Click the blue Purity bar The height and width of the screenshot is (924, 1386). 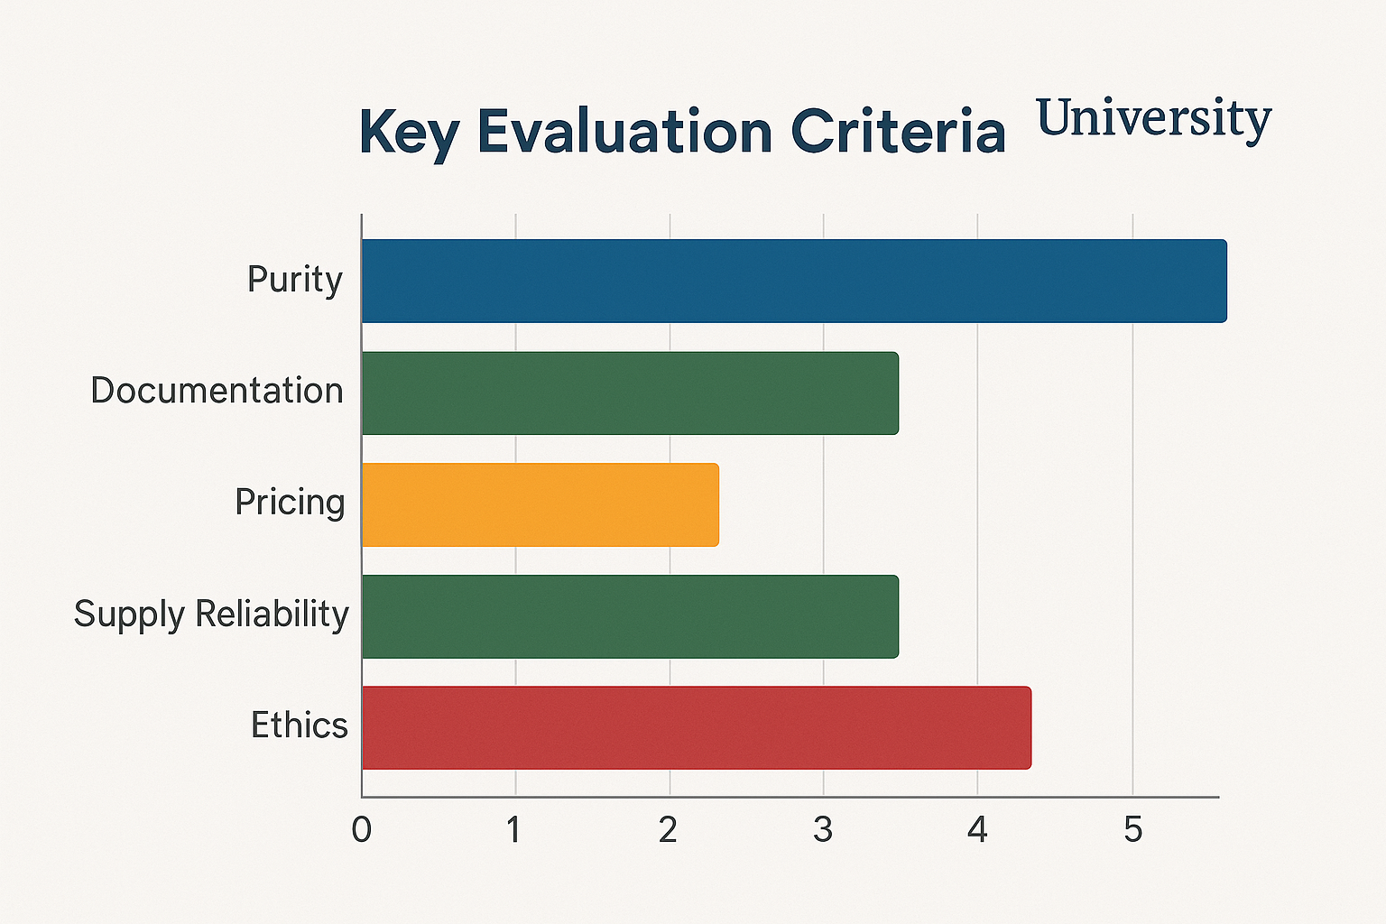tap(794, 281)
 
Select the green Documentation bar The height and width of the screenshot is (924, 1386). tap(630, 393)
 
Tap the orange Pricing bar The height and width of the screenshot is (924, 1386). tap(540, 504)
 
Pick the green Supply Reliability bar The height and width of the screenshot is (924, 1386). tap(630, 616)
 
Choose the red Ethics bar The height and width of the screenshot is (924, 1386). tap(696, 728)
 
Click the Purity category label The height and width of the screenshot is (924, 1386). tap(295, 280)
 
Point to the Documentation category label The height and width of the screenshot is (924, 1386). tap(217, 391)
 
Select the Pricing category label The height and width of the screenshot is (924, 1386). tap(290, 502)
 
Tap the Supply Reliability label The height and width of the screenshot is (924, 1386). tap(211, 614)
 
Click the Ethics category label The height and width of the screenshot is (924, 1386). tap(299, 725)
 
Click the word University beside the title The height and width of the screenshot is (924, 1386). tap(1153, 120)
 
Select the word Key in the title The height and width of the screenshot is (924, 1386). tap(409, 133)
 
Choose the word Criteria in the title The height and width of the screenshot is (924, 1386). tap(898, 132)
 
